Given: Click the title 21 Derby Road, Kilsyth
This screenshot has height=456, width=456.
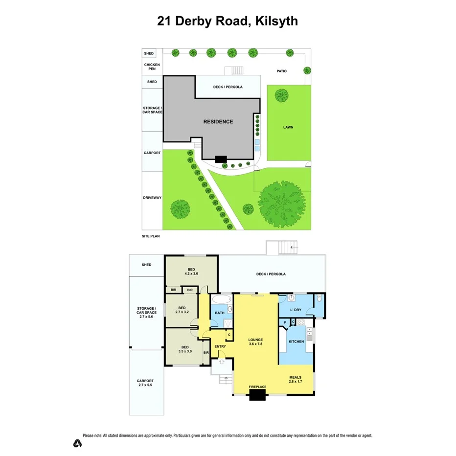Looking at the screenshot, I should coord(228,21).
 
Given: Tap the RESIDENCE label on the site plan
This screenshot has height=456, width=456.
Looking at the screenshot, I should coord(218,121).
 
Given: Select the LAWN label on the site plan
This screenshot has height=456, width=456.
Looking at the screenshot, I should coord(288,127).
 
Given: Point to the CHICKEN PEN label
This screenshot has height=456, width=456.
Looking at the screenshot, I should coord(152,67).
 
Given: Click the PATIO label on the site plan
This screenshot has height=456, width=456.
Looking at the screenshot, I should coord(281,71).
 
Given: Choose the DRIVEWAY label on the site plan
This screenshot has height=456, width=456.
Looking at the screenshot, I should coord(152,198).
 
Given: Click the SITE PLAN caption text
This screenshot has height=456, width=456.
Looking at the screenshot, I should coord(151,236).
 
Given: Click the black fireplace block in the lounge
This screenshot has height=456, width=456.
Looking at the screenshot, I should coord(257,394).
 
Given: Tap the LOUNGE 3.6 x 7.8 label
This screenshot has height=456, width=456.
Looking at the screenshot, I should coord(255,342).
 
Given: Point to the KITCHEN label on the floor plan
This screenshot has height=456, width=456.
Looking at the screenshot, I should coord(296,342).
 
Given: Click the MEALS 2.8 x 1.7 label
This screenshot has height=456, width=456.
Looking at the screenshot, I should coord(295,379).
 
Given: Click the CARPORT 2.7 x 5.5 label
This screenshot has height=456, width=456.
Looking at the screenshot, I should coord(145,383).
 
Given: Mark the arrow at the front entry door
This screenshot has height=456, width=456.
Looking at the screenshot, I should coord(221,362).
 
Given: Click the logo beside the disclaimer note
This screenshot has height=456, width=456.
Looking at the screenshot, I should coord(77,443).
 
